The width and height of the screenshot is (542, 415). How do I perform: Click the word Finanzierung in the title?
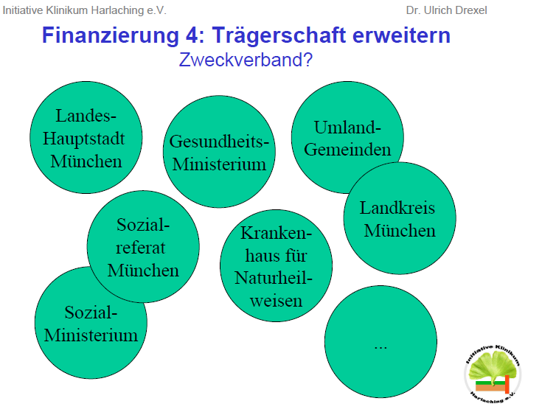pos(111,35)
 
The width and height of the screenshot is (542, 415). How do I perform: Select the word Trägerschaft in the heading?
pos(279,35)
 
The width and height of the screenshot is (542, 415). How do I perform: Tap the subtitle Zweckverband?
pos(246,60)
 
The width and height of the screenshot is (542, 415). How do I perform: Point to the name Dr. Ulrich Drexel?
pos(447,10)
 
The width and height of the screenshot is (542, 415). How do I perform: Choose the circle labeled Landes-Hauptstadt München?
pos(86,138)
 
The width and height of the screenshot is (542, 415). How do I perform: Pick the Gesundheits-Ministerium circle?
pos(219,152)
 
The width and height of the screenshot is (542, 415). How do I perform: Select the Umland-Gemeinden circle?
pos(347,138)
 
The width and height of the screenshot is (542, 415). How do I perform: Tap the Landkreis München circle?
pos(400,218)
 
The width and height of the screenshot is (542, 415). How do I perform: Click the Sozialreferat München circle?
pos(143,247)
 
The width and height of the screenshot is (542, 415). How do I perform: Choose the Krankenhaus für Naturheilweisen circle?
pos(277,265)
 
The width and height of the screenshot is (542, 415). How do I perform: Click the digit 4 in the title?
pos(192,35)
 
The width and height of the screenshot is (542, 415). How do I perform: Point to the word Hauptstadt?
pos(83,139)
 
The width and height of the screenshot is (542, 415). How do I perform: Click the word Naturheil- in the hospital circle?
pos(274,278)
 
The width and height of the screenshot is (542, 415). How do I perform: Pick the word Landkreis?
pos(397,208)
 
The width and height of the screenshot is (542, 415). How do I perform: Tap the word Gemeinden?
pos(347,150)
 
